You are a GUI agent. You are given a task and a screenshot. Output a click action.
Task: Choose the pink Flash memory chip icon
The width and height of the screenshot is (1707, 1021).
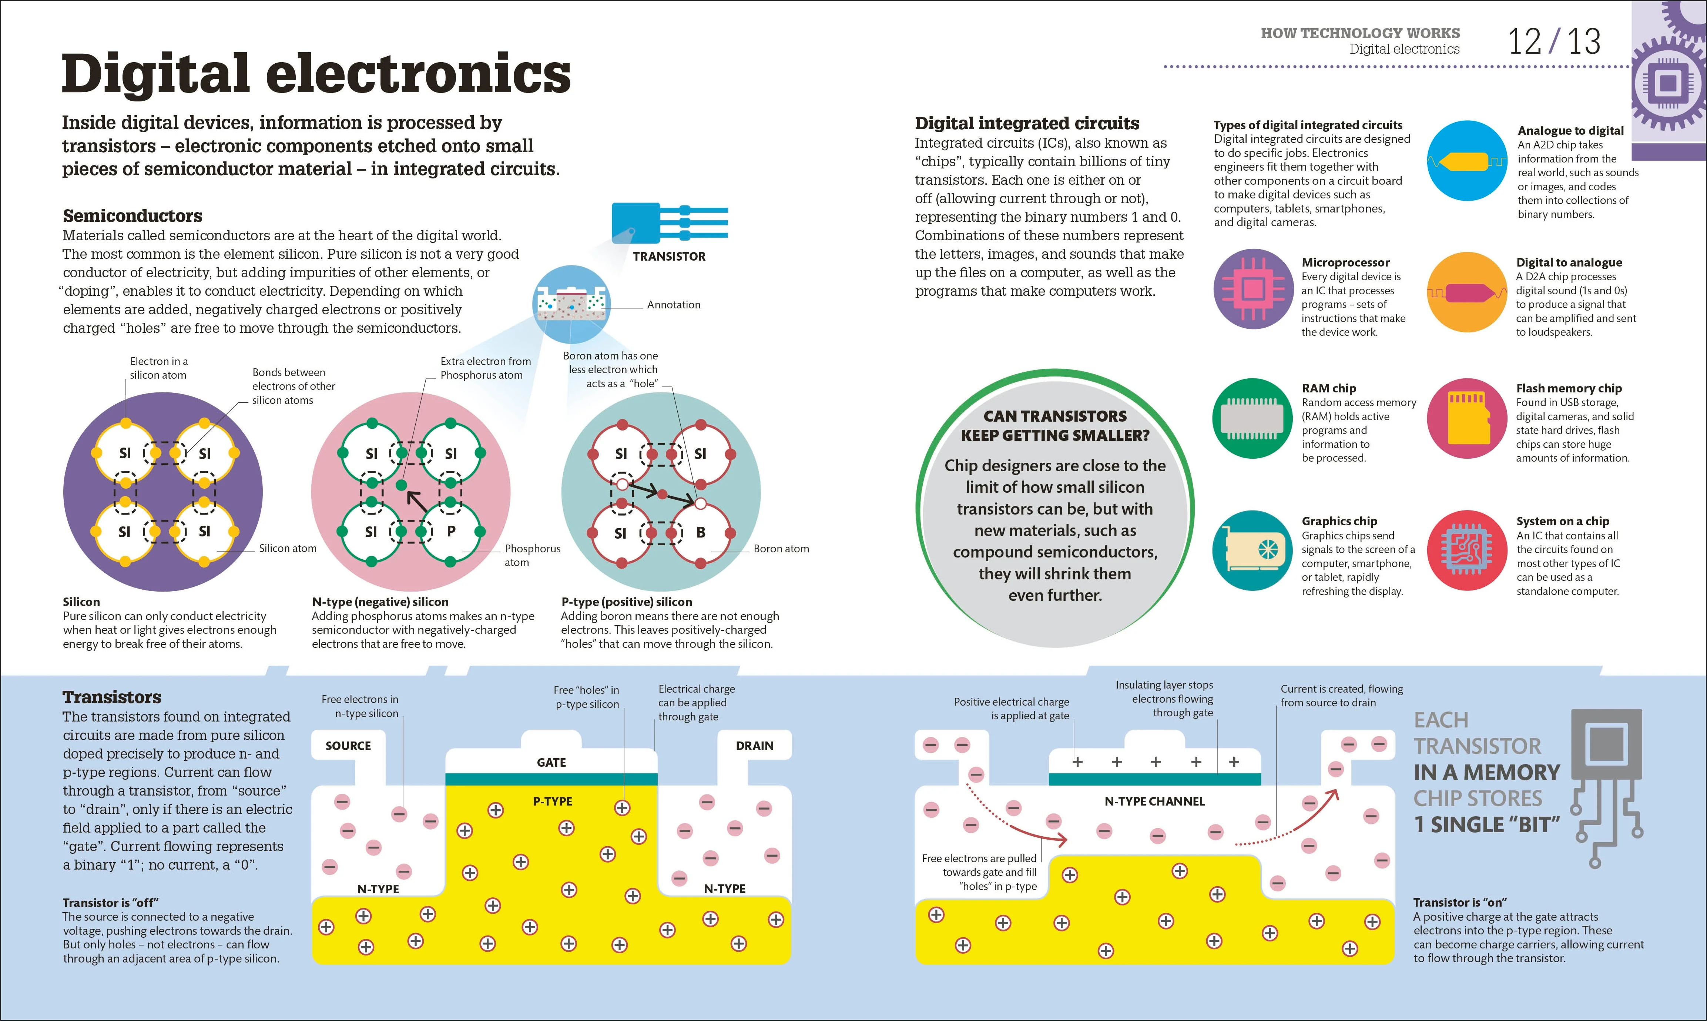1467,418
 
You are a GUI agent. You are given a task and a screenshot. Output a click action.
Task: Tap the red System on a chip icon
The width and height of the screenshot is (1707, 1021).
1467,550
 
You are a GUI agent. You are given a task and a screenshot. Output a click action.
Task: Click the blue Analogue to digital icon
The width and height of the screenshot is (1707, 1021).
1467,161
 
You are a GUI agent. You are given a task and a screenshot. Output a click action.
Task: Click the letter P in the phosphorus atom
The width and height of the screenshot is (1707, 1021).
451,531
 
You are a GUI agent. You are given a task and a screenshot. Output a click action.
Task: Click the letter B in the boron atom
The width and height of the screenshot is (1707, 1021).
701,532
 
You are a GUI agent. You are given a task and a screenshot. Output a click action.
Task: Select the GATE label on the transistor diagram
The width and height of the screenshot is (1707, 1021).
551,762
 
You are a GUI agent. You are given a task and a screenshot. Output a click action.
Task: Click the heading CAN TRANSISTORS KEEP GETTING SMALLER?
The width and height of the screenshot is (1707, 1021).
1055,426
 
